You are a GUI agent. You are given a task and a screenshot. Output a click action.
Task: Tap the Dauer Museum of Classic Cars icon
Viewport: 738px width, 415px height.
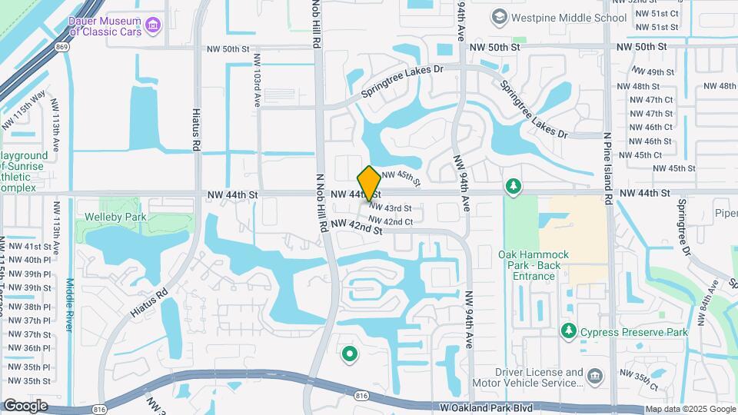click(x=153, y=27)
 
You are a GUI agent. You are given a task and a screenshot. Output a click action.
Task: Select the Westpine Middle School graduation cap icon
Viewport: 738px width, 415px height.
click(x=499, y=17)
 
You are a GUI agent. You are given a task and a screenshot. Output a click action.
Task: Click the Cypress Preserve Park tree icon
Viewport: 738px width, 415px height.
click(x=569, y=331)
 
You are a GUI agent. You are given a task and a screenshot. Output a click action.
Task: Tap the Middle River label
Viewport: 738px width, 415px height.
click(x=70, y=304)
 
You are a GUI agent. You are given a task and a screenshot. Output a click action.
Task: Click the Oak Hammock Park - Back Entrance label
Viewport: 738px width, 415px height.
click(x=534, y=265)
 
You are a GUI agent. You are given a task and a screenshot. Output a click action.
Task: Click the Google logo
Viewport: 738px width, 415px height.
click(x=25, y=405)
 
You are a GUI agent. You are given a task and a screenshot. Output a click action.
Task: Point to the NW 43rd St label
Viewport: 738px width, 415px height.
click(x=390, y=208)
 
